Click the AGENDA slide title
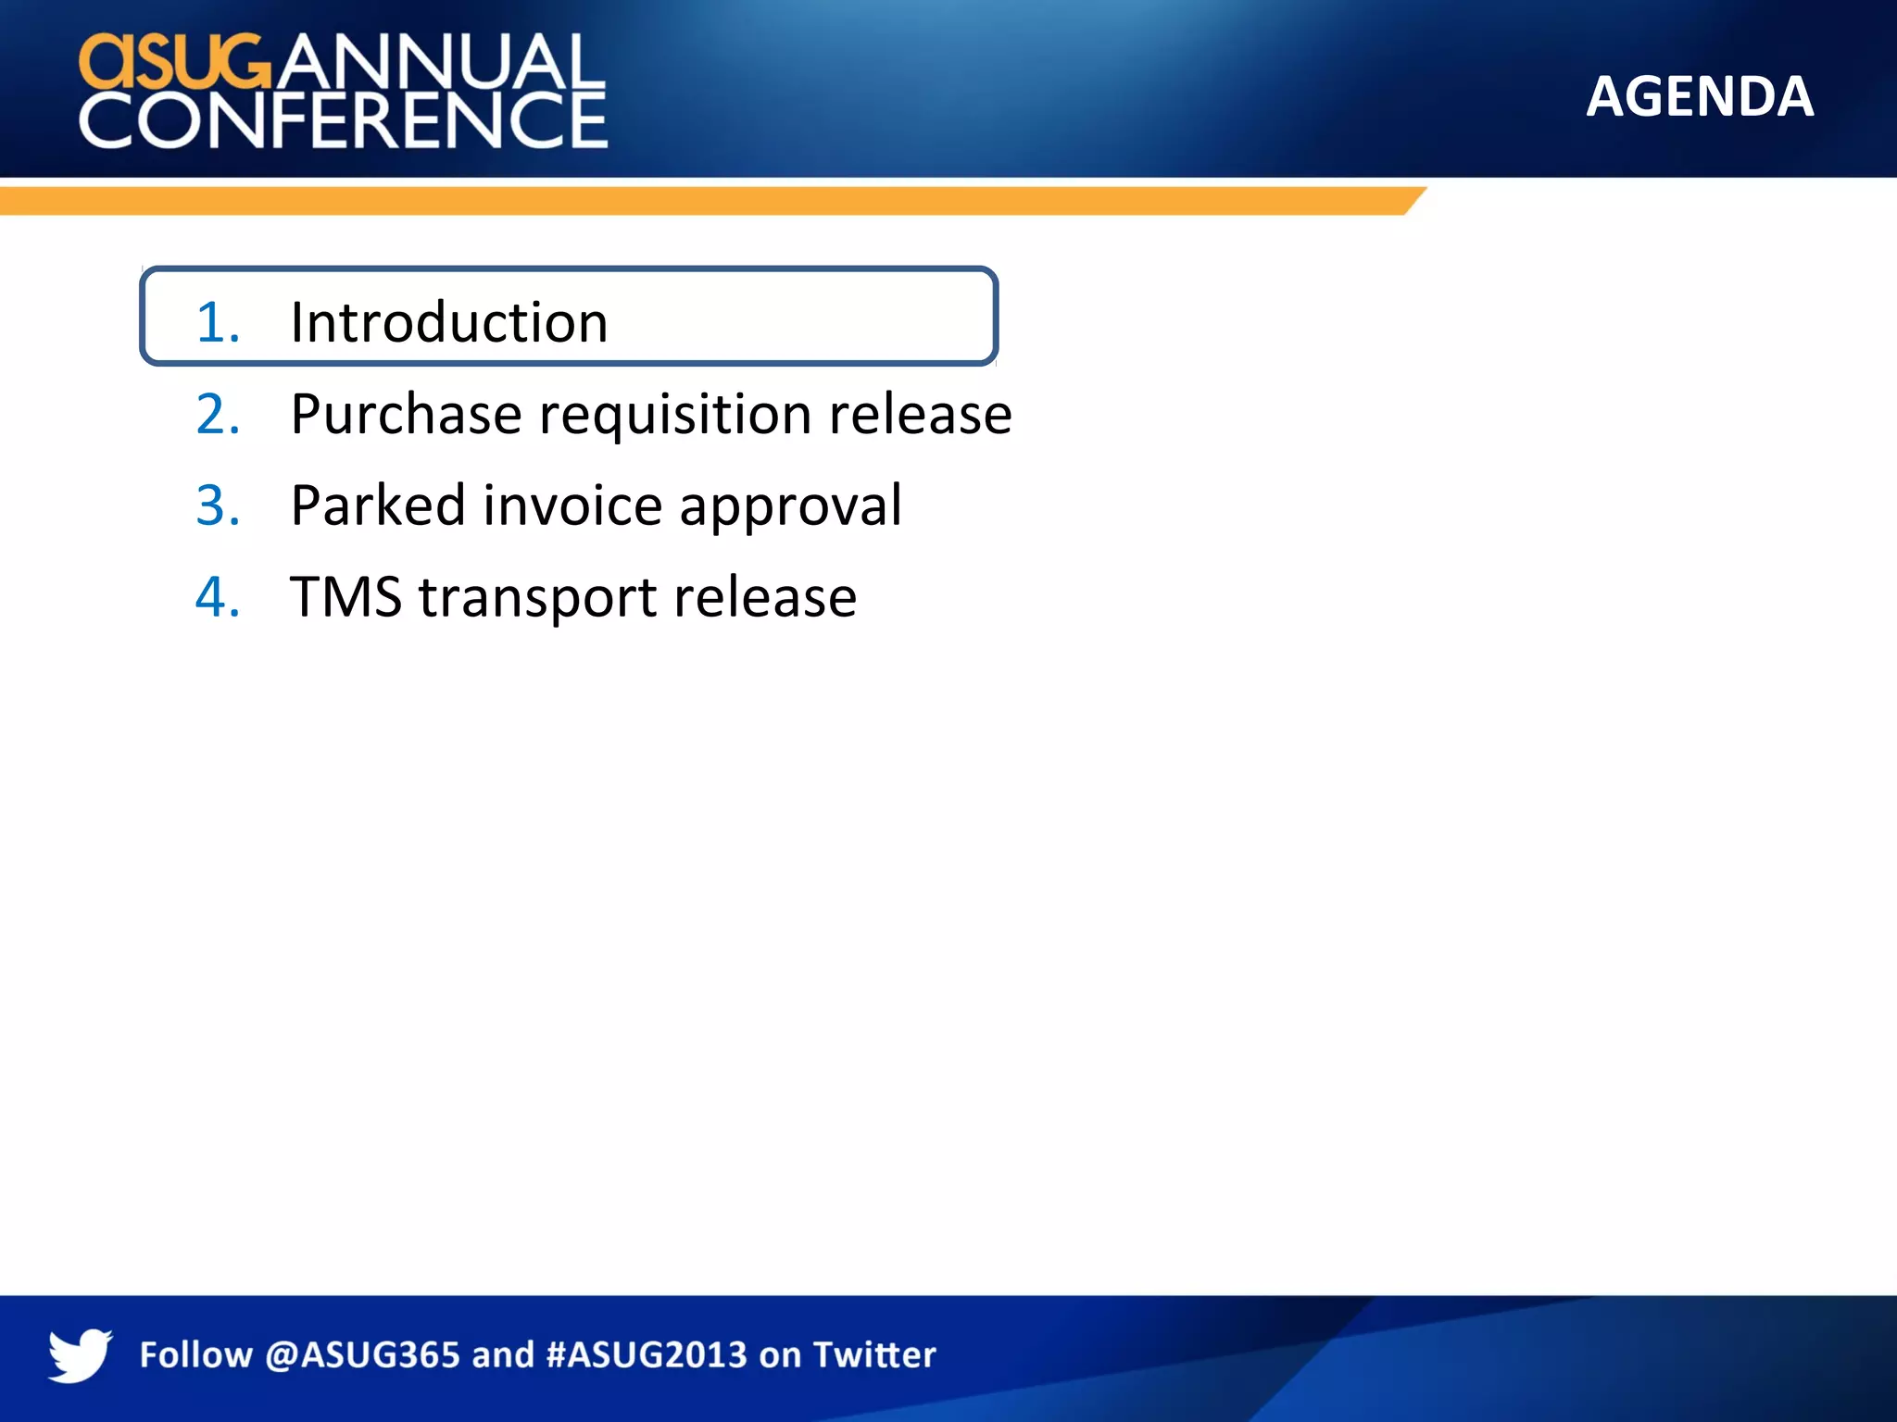[x=1699, y=96]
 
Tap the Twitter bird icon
[x=80, y=1354]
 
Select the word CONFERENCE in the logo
[x=343, y=120]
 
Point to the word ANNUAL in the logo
[x=441, y=61]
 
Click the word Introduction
[x=448, y=322]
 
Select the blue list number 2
[x=218, y=414]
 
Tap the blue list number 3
[x=218, y=505]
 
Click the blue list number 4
[x=218, y=597]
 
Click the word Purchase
[x=406, y=414]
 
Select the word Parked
[x=378, y=505]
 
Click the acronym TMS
[x=345, y=597]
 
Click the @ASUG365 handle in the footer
[x=362, y=1355]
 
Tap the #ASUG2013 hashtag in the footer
[x=647, y=1355]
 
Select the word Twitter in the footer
[x=874, y=1355]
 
